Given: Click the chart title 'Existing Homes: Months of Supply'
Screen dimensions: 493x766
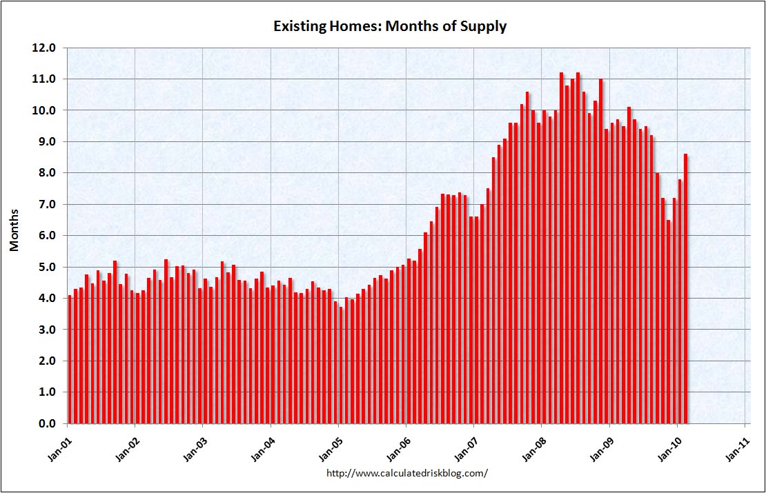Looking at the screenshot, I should pyautogui.click(x=390, y=26).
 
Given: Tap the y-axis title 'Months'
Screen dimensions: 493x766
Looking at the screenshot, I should pyautogui.click(x=14, y=230).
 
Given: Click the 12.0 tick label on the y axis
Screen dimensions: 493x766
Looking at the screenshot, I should pyautogui.click(x=46, y=48).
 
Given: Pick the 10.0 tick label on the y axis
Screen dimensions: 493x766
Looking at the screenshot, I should pyautogui.click(x=46, y=110).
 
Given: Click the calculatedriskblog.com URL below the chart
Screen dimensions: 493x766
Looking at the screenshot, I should pyautogui.click(x=406, y=473).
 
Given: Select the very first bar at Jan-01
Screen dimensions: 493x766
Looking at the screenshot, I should pyautogui.click(x=70, y=359).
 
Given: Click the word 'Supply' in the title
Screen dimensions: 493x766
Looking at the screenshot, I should pyautogui.click(x=485, y=26).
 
